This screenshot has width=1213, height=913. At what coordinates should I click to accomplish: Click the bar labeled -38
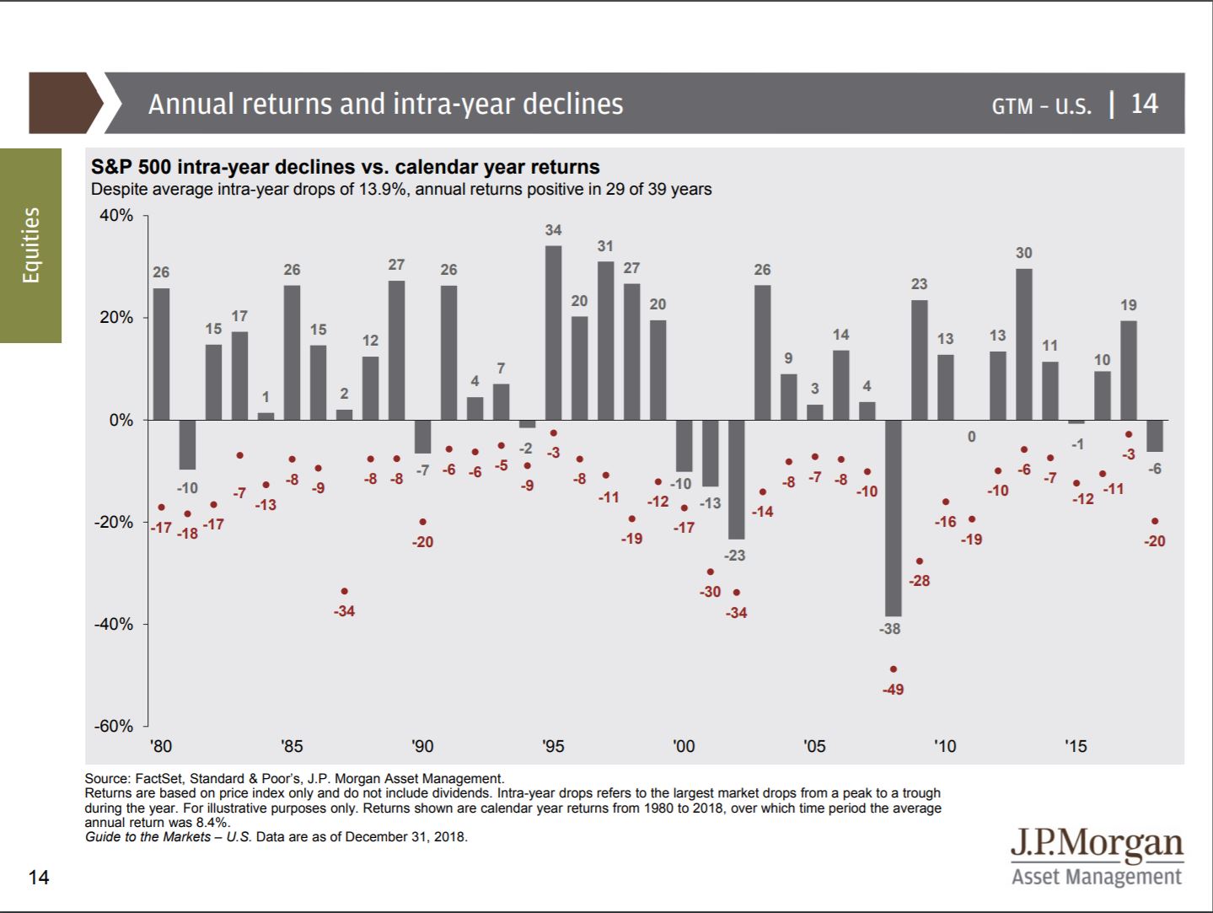893,518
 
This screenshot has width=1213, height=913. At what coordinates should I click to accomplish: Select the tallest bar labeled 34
553,332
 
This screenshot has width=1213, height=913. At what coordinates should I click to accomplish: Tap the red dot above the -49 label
893,669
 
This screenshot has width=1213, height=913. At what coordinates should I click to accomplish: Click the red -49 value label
893,690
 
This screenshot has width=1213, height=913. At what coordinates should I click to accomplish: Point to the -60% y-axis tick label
114,726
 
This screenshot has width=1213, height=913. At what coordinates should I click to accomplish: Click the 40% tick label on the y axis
116,216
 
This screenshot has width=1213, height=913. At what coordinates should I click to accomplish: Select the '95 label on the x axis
553,746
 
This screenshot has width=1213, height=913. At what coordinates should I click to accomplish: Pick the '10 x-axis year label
945,746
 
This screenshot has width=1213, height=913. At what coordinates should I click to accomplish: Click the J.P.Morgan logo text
1097,843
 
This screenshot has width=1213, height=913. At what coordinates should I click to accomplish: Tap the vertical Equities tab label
31,245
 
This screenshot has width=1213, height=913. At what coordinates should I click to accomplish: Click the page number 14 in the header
1144,104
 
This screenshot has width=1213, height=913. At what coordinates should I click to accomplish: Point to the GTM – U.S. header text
1041,105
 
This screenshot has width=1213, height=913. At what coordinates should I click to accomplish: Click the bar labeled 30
1023,344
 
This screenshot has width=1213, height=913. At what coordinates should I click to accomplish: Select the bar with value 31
605,341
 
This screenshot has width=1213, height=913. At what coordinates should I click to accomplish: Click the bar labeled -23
736,479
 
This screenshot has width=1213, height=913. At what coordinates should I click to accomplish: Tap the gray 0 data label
971,437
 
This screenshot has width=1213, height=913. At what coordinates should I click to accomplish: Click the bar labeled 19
1128,370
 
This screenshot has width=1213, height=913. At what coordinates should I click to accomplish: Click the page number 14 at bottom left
39,878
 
